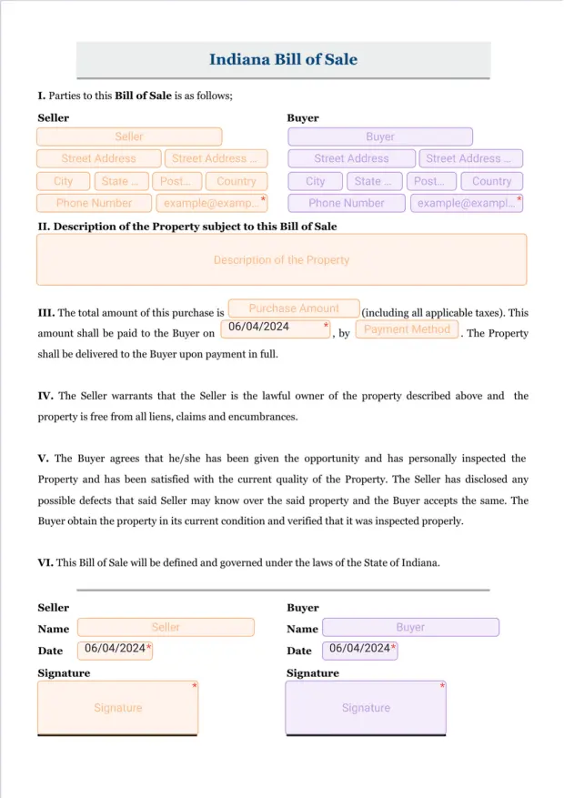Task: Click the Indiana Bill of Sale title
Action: pyautogui.click(x=283, y=60)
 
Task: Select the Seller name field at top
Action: pyautogui.click(x=129, y=136)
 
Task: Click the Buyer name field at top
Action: pyautogui.click(x=380, y=136)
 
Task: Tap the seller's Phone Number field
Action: pyautogui.click(x=94, y=203)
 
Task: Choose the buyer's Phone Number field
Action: pyautogui.click(x=346, y=203)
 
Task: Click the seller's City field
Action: pyautogui.click(x=63, y=181)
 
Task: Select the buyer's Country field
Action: pyautogui.click(x=491, y=181)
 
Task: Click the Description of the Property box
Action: pyautogui.click(x=281, y=259)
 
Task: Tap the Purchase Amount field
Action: pyautogui.click(x=294, y=308)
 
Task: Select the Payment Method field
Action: pyautogui.click(x=407, y=329)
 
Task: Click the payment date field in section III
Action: pyautogui.click(x=275, y=328)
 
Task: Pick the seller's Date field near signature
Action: pyautogui.click(x=115, y=650)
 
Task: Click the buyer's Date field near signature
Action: pyautogui.click(x=362, y=650)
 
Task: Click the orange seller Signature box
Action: pyautogui.click(x=117, y=708)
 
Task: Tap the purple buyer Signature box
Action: pyautogui.click(x=366, y=708)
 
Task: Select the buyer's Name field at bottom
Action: pyautogui.click(x=410, y=627)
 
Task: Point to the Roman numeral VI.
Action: pyautogui.click(x=45, y=562)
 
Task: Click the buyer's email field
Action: pyautogui.click(x=466, y=203)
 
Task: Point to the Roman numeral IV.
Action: pyautogui.click(x=45, y=396)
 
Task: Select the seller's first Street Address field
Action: pyautogui.click(x=98, y=158)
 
